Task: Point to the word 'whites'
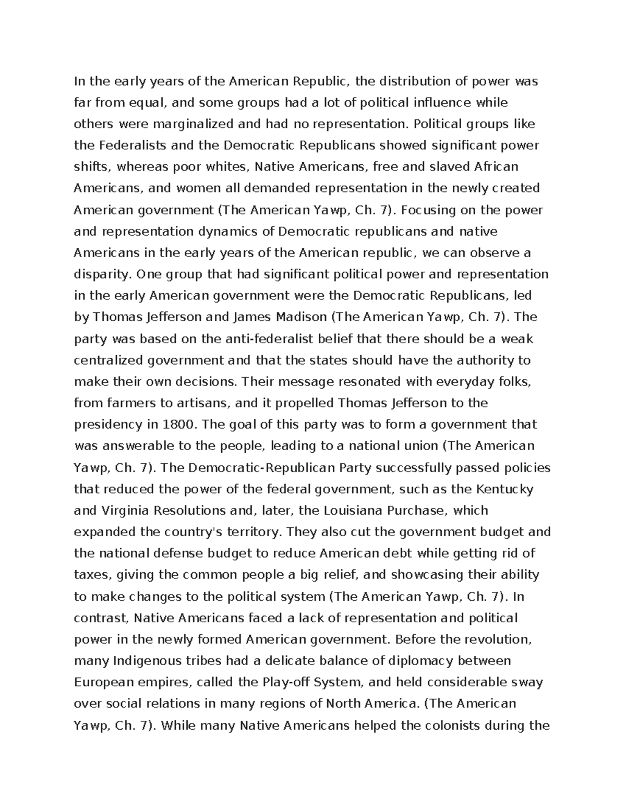(x=228, y=167)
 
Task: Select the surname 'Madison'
(x=295, y=318)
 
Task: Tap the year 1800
(x=180, y=425)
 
